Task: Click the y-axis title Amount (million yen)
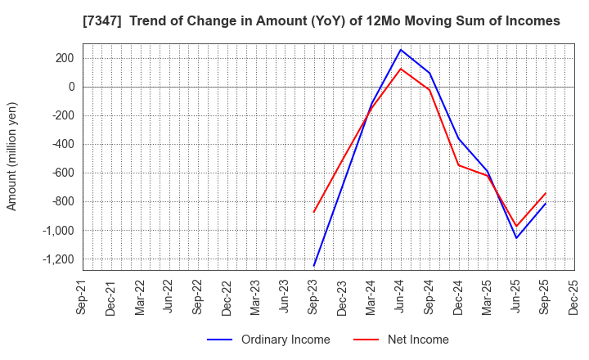pyautogui.click(x=12, y=156)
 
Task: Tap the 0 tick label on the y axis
pyautogui.click(x=72, y=87)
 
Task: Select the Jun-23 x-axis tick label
pyautogui.click(x=285, y=297)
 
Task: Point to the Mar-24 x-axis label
pyautogui.click(x=371, y=297)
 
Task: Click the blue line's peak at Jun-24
pyautogui.click(x=401, y=49)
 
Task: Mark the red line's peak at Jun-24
pyautogui.click(x=401, y=68)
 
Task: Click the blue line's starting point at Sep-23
pyautogui.click(x=314, y=266)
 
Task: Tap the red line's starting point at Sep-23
pyautogui.click(x=314, y=212)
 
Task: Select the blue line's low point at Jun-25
pyautogui.click(x=516, y=238)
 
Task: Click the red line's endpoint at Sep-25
pyautogui.click(x=546, y=193)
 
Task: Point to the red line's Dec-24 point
pyautogui.click(x=459, y=165)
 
